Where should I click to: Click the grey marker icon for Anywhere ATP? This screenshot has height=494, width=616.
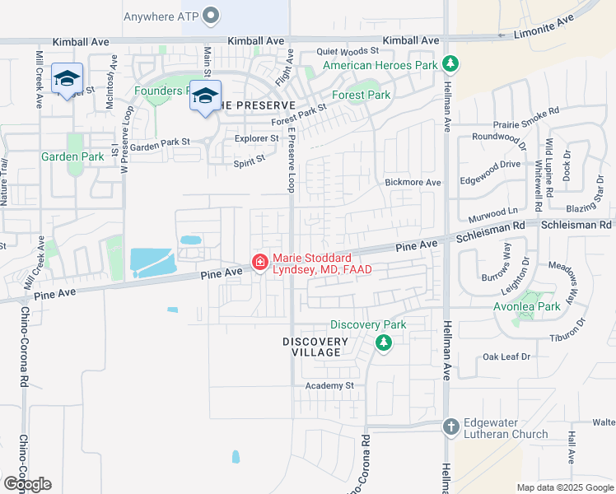click(212, 16)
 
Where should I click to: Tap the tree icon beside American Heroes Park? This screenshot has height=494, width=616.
click(450, 64)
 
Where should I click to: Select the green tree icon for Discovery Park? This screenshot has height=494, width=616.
click(383, 342)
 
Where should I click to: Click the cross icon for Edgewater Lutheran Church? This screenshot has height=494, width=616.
click(450, 426)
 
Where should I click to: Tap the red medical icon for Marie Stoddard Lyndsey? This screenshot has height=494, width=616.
click(259, 263)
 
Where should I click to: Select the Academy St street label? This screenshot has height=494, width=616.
click(329, 385)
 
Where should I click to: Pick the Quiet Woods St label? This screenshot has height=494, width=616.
click(347, 51)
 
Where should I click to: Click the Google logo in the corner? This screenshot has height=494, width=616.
click(27, 484)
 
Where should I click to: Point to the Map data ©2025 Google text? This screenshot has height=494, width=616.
click(564, 487)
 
